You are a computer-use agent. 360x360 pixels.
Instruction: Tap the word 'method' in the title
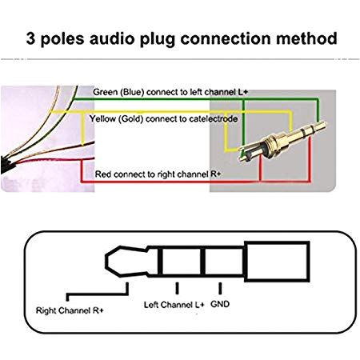(308, 38)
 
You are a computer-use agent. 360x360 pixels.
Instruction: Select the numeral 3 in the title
(30, 38)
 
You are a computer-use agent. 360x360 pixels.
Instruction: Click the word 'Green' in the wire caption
(106, 91)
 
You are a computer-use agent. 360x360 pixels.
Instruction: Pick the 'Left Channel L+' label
(173, 305)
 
